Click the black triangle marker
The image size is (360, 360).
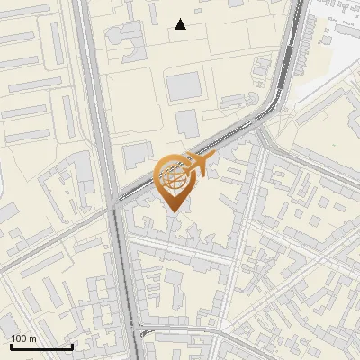coord(181,24)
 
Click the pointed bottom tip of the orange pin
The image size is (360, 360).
coord(174,211)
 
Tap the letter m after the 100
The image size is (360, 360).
coord(32,338)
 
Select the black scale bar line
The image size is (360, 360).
coord(41,346)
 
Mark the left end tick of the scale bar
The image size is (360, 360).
coord(11,345)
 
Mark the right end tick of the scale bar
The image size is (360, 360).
coord(72,345)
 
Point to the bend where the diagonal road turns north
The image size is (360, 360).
coord(280,99)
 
